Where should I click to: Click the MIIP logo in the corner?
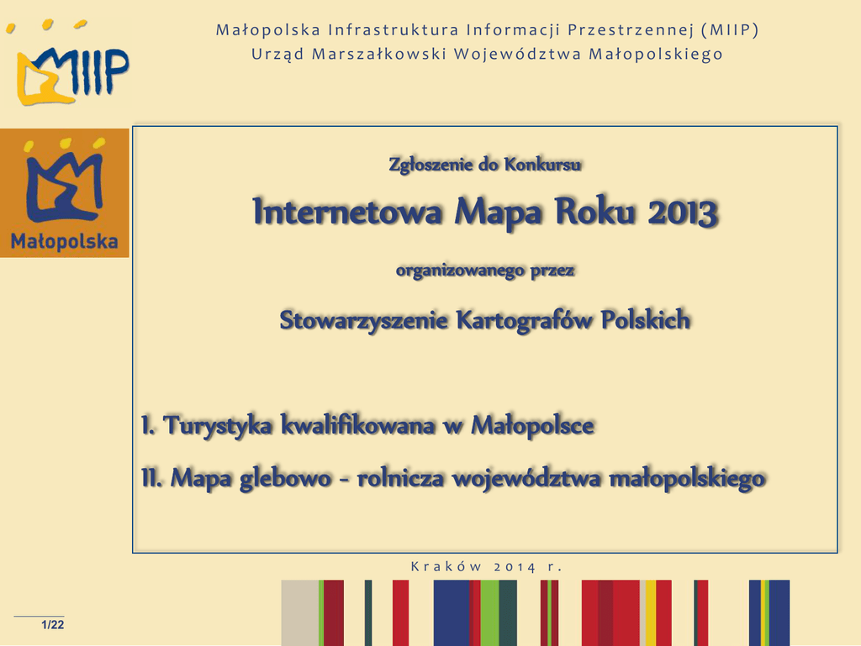(68, 63)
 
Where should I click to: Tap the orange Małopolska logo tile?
(64, 193)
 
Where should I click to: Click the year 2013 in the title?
(683, 212)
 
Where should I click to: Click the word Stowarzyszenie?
(363, 320)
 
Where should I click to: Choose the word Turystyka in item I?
(218, 426)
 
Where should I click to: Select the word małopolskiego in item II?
(688, 478)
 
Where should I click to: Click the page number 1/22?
(53, 625)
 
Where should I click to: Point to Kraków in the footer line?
(446, 566)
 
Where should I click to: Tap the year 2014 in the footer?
(515, 567)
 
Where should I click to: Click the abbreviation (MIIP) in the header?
(730, 29)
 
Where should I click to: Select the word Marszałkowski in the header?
(379, 54)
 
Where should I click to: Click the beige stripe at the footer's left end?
(300, 613)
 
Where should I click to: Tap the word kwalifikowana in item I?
(358, 425)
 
